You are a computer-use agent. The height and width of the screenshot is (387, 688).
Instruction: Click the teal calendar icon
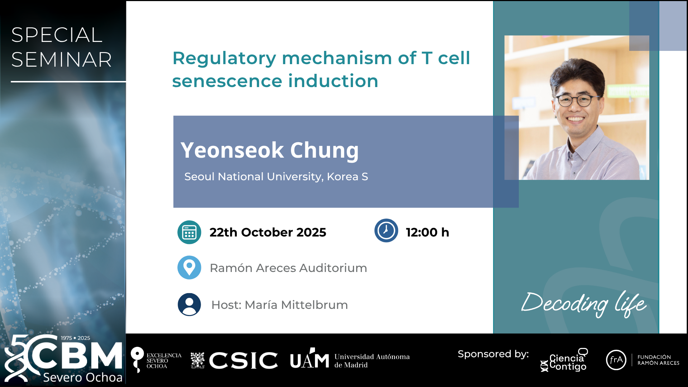189,232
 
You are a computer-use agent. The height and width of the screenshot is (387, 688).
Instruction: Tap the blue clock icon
386,230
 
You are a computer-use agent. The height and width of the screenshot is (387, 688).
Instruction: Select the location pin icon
189,267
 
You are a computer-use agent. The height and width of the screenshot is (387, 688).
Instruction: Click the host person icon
189,305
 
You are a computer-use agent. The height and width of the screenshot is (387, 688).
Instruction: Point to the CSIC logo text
244,360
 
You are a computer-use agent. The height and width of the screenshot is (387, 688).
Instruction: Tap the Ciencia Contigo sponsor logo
564,360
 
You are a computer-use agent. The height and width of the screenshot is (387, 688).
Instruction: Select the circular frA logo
616,360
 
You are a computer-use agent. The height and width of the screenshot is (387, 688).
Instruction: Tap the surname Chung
324,150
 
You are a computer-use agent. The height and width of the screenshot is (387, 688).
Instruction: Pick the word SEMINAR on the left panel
62,59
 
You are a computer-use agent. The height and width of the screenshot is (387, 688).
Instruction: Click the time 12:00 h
427,232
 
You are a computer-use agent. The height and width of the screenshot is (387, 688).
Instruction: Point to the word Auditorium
333,268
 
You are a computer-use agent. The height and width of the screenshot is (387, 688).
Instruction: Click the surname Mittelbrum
315,305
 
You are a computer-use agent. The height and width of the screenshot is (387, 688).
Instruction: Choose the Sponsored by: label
493,354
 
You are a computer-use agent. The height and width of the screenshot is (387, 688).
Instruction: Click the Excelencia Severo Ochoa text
164,360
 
